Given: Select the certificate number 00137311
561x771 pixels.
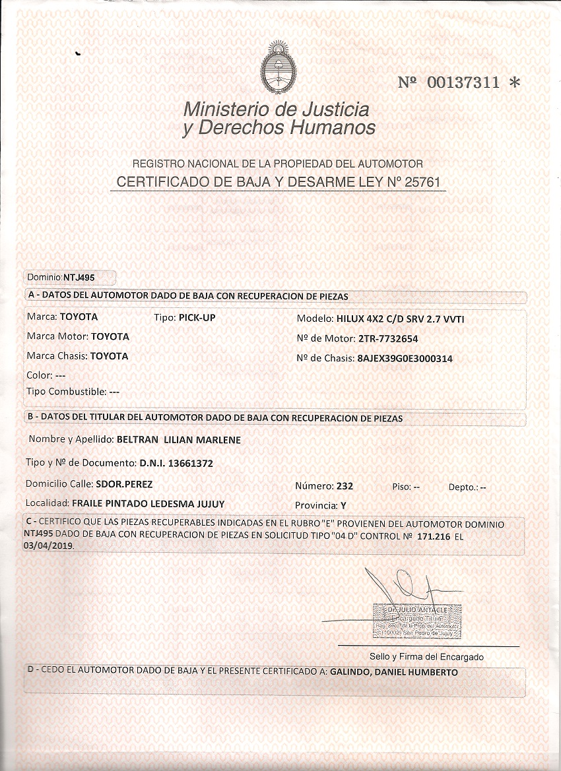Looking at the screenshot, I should click(x=463, y=83).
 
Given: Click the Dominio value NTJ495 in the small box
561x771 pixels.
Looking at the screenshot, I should click(x=79, y=278).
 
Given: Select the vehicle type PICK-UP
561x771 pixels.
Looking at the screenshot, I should click(x=197, y=317).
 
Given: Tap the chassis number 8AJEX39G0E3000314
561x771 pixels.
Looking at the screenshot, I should click(x=404, y=359).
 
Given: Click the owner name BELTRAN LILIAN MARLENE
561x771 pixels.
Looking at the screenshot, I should click(x=178, y=440).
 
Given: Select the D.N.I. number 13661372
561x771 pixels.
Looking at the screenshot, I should click(x=191, y=464).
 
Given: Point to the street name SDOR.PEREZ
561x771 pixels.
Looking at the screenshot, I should click(x=124, y=484).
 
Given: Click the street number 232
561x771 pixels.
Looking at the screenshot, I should click(x=345, y=486).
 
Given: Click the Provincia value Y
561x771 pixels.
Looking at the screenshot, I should click(x=343, y=506).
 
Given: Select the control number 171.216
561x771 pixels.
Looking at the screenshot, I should click(x=434, y=537).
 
